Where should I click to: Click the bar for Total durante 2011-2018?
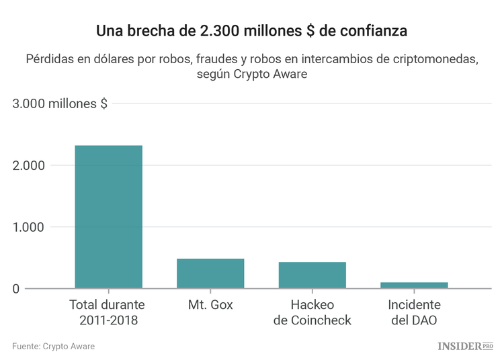pyautogui.click(x=108, y=217)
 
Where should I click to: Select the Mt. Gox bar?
pyautogui.click(x=210, y=273)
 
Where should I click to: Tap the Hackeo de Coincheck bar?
pyautogui.click(x=312, y=275)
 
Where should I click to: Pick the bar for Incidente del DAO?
pyautogui.click(x=414, y=285)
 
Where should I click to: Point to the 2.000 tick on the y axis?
pyautogui.click(x=29, y=165)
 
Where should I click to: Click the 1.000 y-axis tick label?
pyautogui.click(x=29, y=227)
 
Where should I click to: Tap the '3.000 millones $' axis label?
pyautogui.click(x=60, y=103)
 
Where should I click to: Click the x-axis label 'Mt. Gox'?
pyautogui.click(x=210, y=305)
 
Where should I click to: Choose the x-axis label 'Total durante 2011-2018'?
pyautogui.click(x=108, y=312)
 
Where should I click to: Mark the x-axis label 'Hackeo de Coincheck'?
pyautogui.click(x=312, y=312)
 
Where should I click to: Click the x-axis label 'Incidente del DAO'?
pyautogui.click(x=414, y=312)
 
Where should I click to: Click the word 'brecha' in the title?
pyautogui.click(x=149, y=31)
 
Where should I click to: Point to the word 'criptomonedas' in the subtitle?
pyautogui.click(x=437, y=58)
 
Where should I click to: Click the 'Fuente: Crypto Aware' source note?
pyautogui.click(x=53, y=346)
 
